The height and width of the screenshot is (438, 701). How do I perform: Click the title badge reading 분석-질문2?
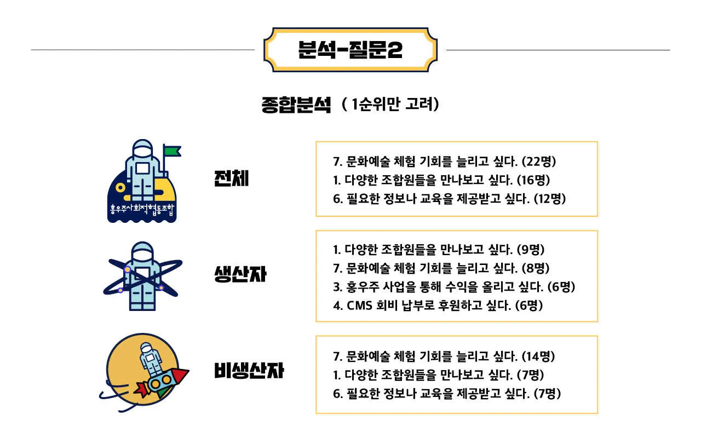[x=350, y=50]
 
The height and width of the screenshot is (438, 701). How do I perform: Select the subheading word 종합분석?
[x=296, y=104]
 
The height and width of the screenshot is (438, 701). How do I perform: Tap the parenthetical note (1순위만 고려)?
[x=390, y=104]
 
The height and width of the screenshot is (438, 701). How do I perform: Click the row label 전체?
[x=231, y=178]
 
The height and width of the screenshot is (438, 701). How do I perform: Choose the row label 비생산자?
[x=249, y=371]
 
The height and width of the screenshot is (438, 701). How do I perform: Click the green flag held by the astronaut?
[x=172, y=150]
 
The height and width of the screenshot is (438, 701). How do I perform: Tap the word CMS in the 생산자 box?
[x=359, y=305]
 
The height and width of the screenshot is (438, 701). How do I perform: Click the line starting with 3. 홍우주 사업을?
[x=454, y=286]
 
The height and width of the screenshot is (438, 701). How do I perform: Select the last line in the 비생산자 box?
[x=447, y=393]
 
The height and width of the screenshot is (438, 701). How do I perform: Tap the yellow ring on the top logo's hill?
[x=122, y=188]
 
